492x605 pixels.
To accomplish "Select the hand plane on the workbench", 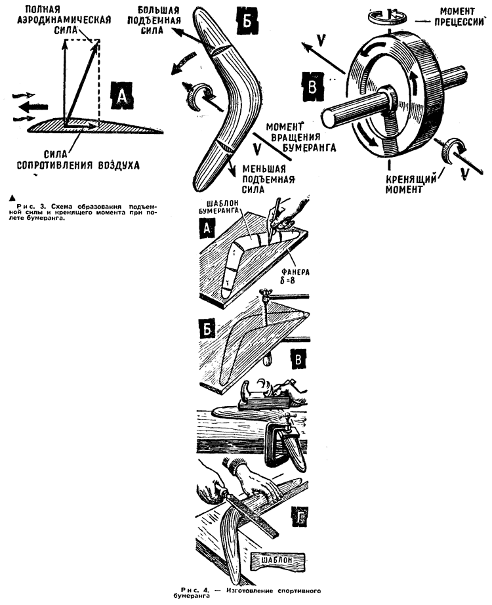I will (266, 395).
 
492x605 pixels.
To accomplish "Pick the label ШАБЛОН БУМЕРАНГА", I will (221, 207).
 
